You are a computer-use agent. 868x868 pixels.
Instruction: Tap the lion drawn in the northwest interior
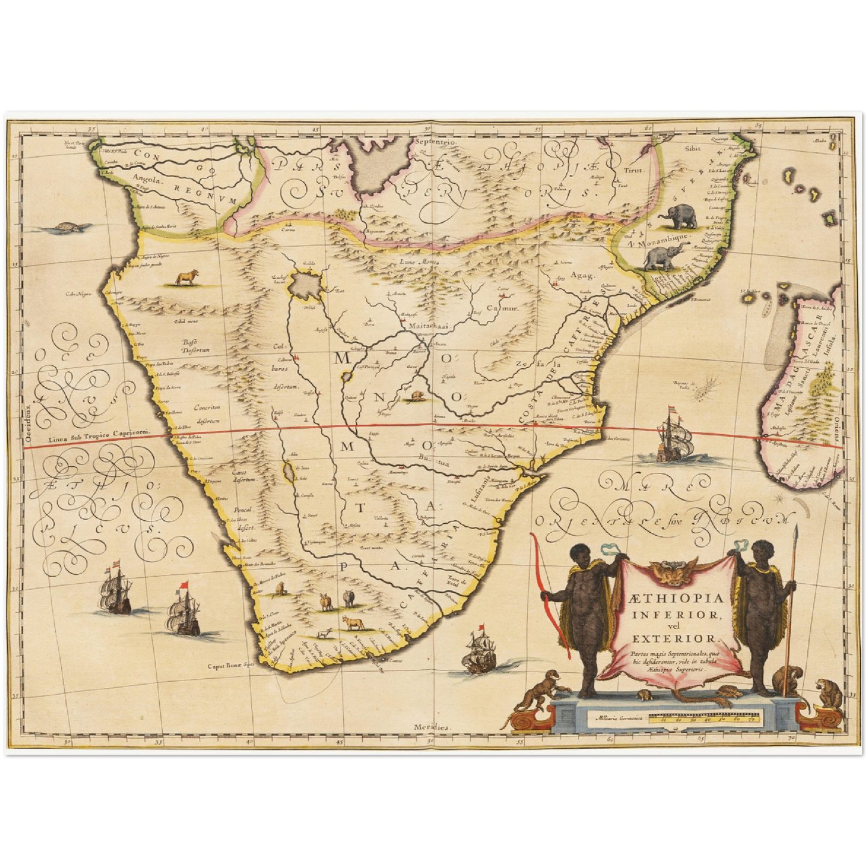pyautogui.click(x=187, y=278)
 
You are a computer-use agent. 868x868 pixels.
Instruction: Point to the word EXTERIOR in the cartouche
pyautogui.click(x=672, y=638)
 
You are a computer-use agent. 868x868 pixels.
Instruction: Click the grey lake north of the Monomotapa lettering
pyautogui.click(x=305, y=285)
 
